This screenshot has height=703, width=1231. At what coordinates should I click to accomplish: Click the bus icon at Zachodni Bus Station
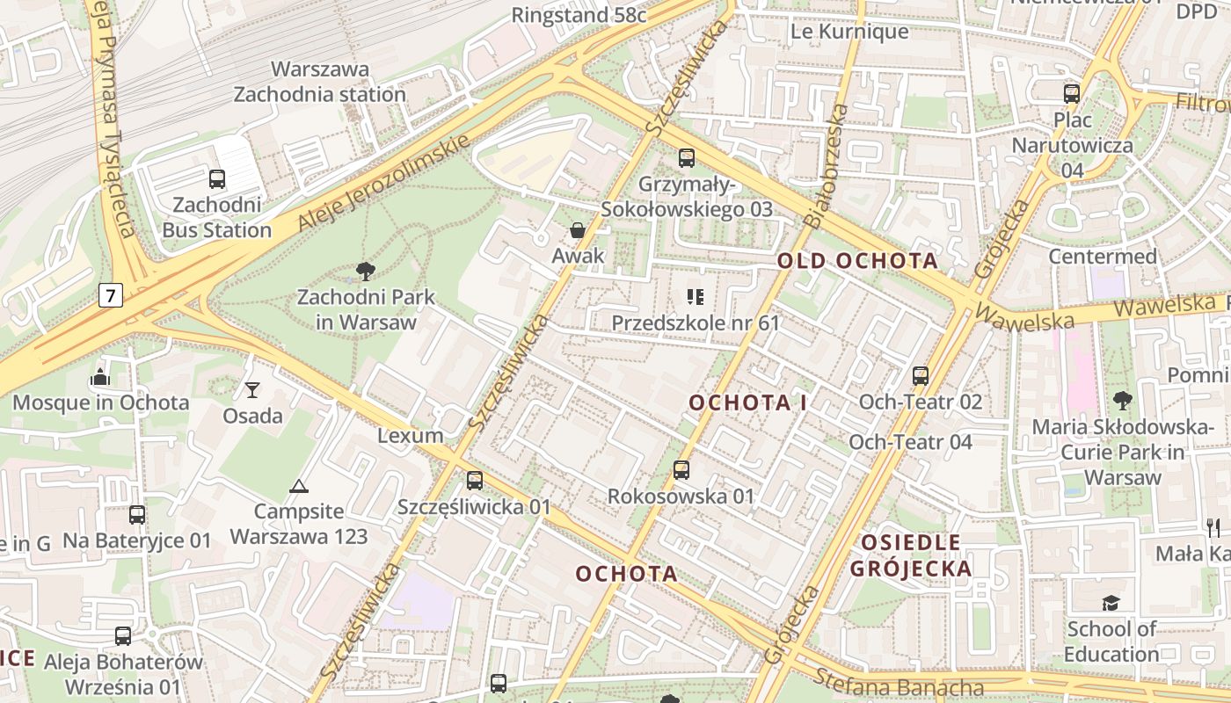pyautogui.click(x=216, y=179)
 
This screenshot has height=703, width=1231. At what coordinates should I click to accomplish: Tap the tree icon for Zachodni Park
pyautogui.click(x=365, y=272)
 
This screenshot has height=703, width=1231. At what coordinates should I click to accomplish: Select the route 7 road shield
pyautogui.click(x=110, y=296)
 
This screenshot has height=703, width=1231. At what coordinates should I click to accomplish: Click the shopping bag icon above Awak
pyautogui.click(x=578, y=230)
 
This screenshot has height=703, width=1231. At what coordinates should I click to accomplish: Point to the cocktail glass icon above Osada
pyautogui.click(x=252, y=389)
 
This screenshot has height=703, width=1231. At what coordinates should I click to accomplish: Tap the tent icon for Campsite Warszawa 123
pyautogui.click(x=299, y=486)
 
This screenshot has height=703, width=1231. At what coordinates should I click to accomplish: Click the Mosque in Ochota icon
pyautogui.click(x=99, y=378)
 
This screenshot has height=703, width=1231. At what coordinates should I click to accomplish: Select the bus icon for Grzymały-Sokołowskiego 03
pyautogui.click(x=687, y=158)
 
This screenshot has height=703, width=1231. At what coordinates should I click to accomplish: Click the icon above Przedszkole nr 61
pyautogui.click(x=696, y=297)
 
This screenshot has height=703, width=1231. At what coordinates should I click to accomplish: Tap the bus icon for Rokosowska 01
pyautogui.click(x=681, y=470)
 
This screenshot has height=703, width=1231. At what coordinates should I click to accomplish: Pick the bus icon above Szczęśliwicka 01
pyautogui.click(x=475, y=481)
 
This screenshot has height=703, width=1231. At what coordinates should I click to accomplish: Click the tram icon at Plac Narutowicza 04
pyautogui.click(x=1072, y=94)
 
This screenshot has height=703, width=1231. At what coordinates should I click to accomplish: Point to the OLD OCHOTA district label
pyautogui.click(x=857, y=261)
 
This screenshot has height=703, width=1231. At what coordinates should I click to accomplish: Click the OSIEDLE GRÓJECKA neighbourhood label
pyautogui.click(x=911, y=555)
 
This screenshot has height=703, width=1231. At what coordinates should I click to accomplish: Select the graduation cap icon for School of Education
pyautogui.click(x=1111, y=603)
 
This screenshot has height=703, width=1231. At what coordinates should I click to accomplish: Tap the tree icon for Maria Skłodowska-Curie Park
pyautogui.click(x=1122, y=402)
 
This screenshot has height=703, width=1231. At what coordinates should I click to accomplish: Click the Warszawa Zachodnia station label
pyautogui.click(x=319, y=82)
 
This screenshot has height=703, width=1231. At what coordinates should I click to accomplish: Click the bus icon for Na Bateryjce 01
pyautogui.click(x=137, y=515)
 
